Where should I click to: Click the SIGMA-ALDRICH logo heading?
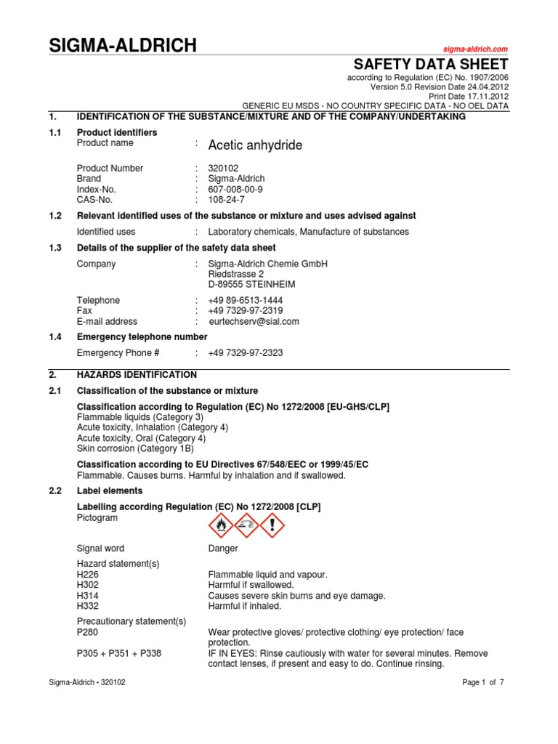(x=122, y=46)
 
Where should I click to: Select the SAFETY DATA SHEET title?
(x=430, y=64)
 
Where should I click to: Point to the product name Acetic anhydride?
(x=255, y=145)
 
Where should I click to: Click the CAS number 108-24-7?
(x=227, y=198)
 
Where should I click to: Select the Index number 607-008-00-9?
(x=235, y=188)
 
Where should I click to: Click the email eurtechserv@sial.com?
(x=254, y=321)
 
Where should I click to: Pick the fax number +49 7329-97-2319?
(x=246, y=311)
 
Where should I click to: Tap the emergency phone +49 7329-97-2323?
(x=246, y=353)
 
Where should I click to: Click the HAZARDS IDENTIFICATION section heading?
(x=137, y=375)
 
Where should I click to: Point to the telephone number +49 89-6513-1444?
(x=246, y=301)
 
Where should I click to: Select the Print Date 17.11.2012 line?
(x=469, y=96)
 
